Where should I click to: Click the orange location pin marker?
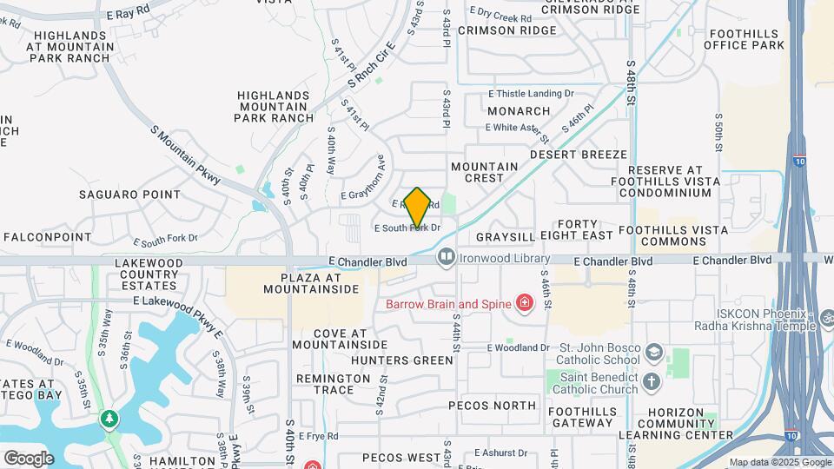[x=417, y=208]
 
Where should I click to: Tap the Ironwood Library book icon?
[x=447, y=257]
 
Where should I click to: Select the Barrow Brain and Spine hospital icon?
[x=524, y=303]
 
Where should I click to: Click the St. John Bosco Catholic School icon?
[x=653, y=353]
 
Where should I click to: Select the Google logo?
[x=29, y=458]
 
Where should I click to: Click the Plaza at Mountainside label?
[x=308, y=283]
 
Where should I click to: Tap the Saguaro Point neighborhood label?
[x=131, y=195]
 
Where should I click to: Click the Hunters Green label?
[x=408, y=360]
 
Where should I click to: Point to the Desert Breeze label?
[x=579, y=155]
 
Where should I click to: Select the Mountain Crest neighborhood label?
[x=484, y=172]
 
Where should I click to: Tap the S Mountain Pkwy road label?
[x=186, y=157]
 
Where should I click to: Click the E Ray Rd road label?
[x=128, y=15]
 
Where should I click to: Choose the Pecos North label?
[x=493, y=406]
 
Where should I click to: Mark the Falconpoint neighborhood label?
[x=48, y=236]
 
